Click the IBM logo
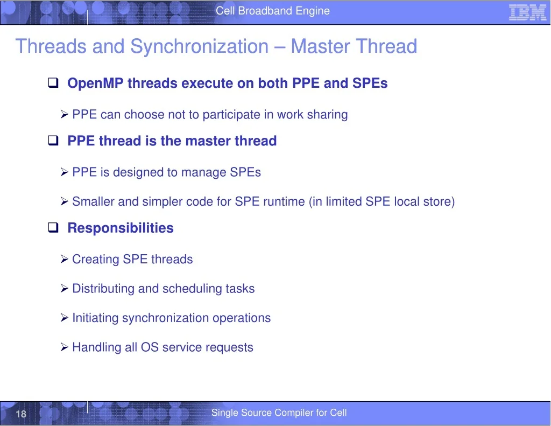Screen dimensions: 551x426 click(527, 13)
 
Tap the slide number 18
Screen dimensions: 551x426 click(21, 414)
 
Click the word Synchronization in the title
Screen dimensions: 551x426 click(199, 46)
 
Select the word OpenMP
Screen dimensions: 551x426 click(96, 83)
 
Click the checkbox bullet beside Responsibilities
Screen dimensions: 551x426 click(53, 227)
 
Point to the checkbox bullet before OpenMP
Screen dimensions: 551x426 click(53, 82)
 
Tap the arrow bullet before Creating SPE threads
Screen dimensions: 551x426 click(65, 259)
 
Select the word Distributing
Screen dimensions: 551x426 click(103, 289)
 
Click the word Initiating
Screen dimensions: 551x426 click(95, 318)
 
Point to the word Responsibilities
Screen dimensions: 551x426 click(121, 228)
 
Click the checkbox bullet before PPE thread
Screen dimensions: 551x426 click(53, 141)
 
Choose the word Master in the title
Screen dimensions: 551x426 click(320, 46)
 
